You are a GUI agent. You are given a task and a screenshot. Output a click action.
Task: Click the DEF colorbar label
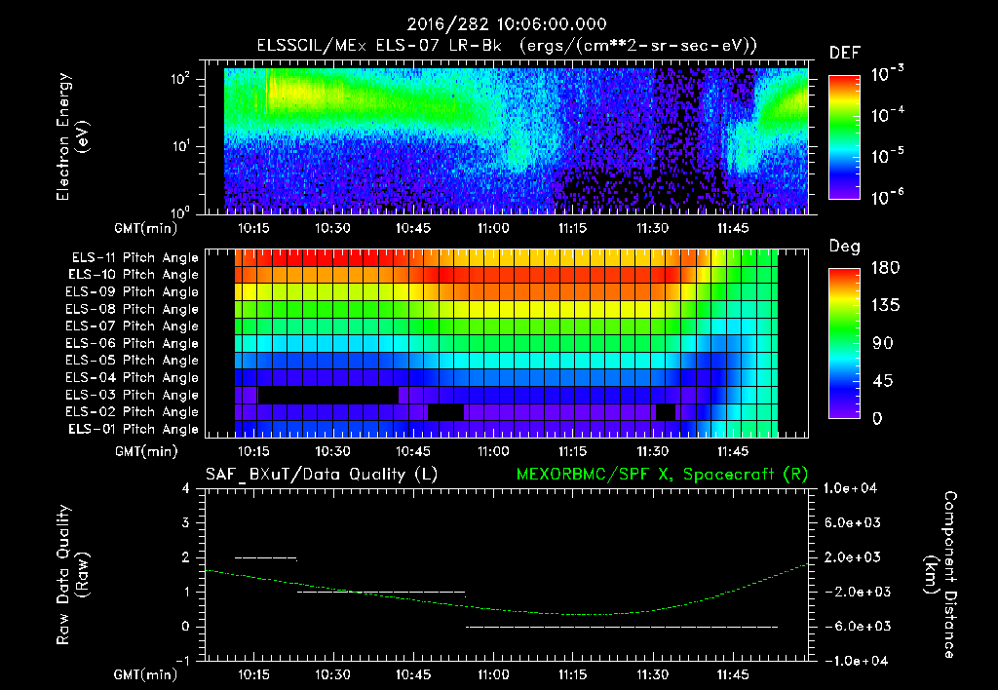coord(844,53)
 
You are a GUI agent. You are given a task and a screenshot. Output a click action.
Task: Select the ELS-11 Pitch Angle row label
coord(134,257)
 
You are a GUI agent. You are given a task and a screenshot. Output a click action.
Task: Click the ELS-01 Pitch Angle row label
coord(134,429)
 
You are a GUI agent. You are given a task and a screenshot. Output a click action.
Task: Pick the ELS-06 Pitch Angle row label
coord(134,343)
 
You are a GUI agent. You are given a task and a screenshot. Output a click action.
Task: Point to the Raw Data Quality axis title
coord(73,575)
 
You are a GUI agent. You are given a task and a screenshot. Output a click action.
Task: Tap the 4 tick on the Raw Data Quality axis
coord(186,489)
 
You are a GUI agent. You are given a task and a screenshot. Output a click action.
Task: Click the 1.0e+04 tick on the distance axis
coord(854,488)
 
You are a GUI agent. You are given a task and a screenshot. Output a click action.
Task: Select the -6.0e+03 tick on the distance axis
coord(854,626)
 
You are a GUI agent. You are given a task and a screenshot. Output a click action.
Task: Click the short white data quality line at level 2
coord(265,557)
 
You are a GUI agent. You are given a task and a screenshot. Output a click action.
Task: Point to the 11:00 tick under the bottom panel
coord(493,673)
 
